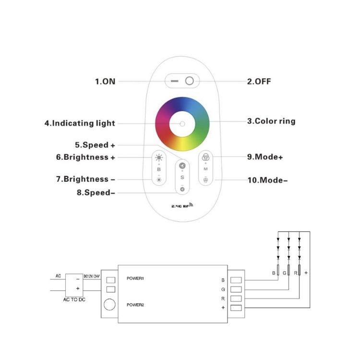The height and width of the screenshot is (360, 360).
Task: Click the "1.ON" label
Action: [105, 82]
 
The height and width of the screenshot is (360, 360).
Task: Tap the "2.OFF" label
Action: [259, 82]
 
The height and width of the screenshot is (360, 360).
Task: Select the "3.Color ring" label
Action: [271, 121]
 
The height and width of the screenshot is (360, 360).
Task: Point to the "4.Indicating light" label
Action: [80, 123]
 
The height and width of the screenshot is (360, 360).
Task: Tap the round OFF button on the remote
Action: [190, 81]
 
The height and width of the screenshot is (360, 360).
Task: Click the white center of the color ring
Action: [182, 124]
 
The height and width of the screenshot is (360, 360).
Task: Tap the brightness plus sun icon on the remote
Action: [159, 157]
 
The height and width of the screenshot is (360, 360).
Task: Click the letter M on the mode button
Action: [206, 169]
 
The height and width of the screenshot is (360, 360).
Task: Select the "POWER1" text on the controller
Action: [135, 278]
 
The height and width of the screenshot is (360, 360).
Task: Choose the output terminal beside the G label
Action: [236, 289]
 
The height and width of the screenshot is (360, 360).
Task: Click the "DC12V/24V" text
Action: [92, 276]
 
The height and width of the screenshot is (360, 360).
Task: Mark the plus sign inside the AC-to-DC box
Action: [78, 289]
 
